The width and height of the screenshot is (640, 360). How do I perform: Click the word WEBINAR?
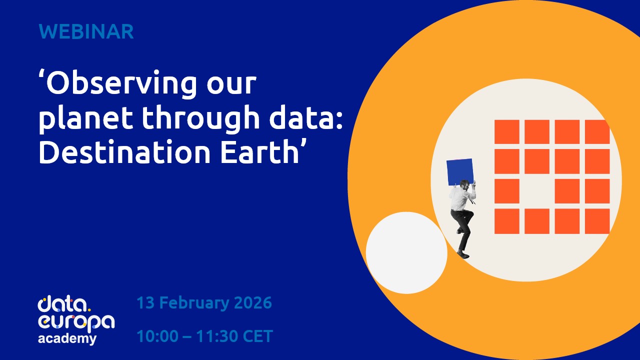click(86, 31)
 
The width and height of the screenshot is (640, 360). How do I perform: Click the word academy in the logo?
click(67, 339)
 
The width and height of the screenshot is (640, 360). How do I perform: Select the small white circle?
click(406, 253)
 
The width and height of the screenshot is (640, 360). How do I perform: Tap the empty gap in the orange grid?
click(536, 191)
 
